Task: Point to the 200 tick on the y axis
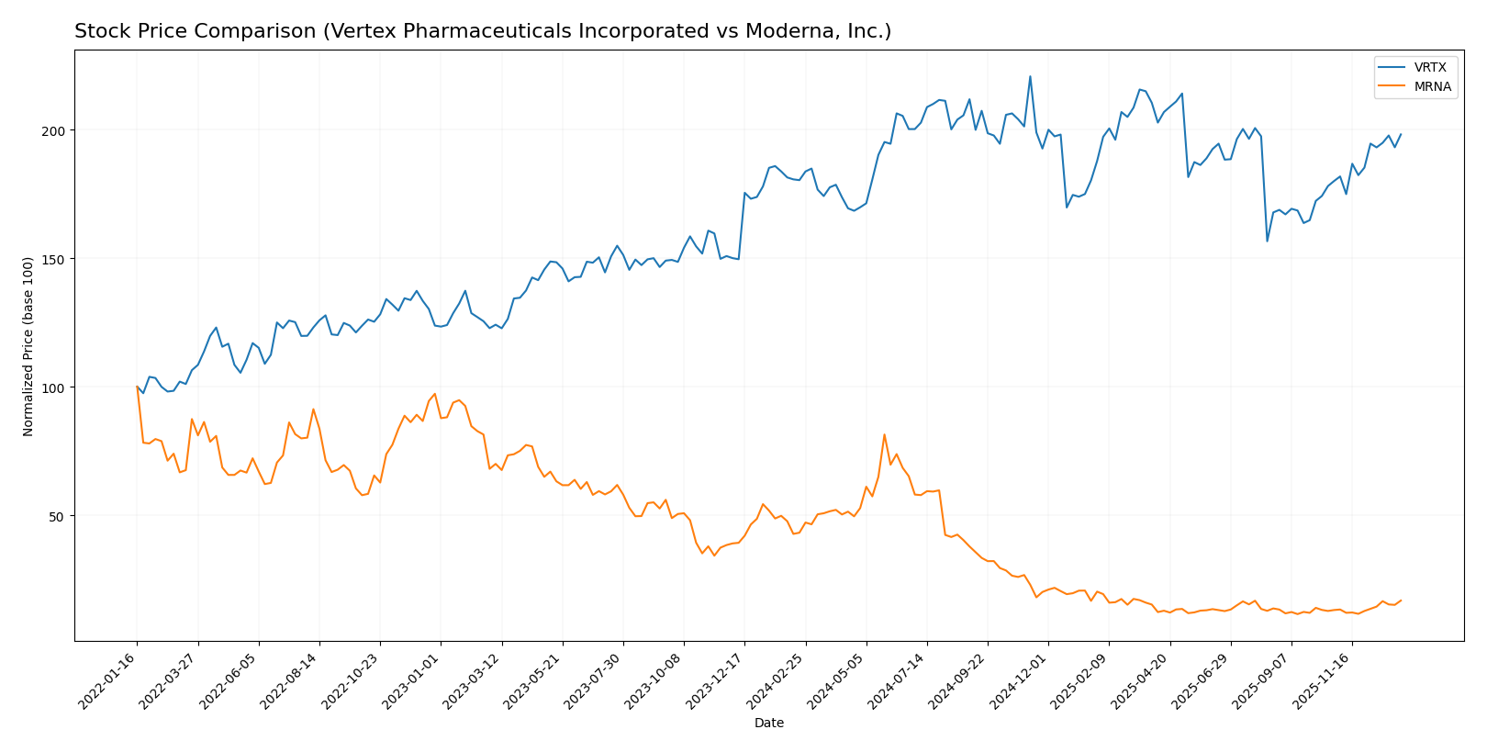57,130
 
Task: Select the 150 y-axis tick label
57,259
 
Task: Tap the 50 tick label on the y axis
61,516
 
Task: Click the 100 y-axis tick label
57,387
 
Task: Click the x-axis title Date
768,724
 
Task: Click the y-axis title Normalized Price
28,346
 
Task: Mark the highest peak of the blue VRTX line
1030,76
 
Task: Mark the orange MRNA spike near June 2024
884,434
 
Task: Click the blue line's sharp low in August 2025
1267,241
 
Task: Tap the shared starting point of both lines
137,387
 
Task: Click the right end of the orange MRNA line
1401,600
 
